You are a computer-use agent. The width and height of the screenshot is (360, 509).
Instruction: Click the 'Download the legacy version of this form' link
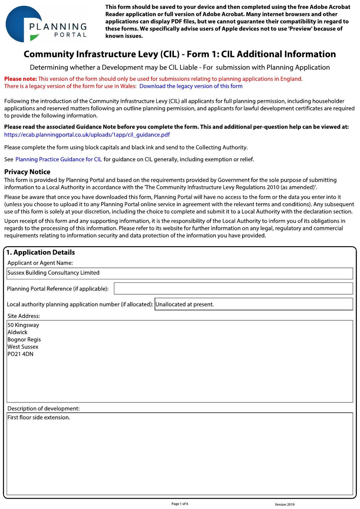191,86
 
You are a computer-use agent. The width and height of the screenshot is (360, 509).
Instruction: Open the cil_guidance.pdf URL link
87,135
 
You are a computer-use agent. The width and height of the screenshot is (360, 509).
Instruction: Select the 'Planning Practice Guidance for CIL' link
59,159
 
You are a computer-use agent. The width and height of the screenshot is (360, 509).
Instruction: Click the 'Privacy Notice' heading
27,172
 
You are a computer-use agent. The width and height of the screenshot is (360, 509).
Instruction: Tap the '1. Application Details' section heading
41,252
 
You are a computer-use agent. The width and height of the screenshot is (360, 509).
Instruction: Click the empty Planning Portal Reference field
233,289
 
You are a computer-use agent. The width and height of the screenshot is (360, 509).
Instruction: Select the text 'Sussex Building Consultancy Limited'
53,273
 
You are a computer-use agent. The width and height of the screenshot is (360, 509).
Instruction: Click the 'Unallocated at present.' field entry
185,304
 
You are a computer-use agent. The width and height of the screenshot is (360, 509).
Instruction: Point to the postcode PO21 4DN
20,354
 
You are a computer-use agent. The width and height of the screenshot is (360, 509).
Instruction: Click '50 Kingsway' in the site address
23,325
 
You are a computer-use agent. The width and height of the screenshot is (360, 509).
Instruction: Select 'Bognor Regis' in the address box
24,340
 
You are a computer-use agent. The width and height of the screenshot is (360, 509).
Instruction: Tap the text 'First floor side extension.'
39,417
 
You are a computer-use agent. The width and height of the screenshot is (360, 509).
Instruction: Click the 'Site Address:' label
24,316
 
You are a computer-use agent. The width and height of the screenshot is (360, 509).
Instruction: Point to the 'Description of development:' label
44,408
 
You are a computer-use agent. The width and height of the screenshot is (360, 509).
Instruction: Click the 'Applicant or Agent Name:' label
40,263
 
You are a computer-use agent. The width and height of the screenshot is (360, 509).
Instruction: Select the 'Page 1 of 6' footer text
180,504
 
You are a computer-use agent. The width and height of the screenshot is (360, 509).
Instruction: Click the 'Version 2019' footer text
285,504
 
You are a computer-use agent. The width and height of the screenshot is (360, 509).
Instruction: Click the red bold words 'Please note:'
21,79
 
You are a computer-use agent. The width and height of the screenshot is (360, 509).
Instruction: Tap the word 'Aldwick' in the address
18,332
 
